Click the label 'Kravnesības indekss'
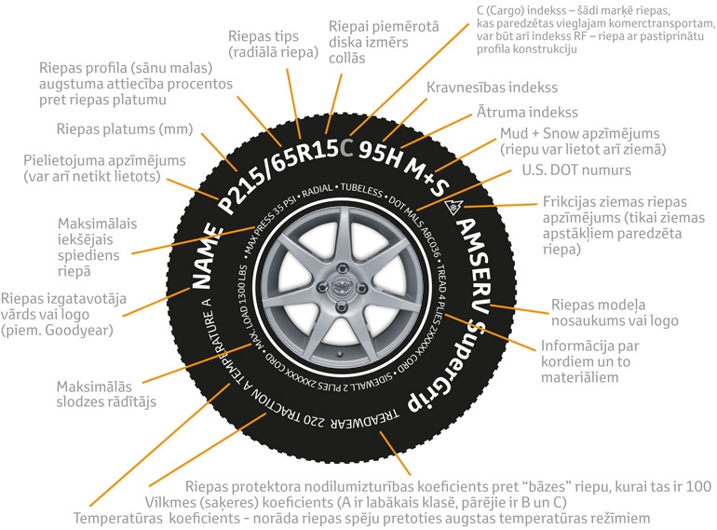click(492, 88)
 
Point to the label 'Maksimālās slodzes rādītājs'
click(106, 394)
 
